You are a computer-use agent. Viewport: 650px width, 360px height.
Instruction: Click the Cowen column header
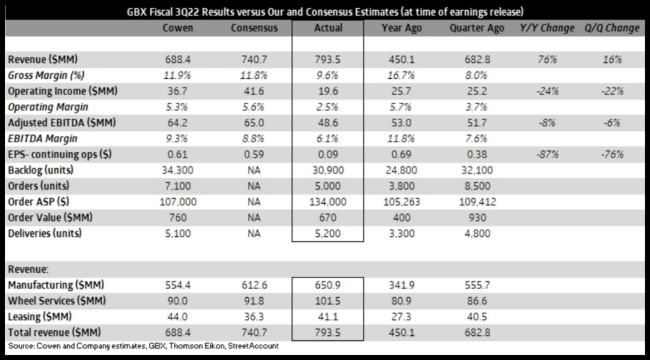178,28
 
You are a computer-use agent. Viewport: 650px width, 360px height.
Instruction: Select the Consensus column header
253,28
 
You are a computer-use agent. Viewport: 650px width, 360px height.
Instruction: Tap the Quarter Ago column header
477,28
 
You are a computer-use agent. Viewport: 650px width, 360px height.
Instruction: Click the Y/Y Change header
547,28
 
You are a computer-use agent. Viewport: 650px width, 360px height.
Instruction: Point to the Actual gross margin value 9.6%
328,76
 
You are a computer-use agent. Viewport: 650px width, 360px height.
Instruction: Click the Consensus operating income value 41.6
253,91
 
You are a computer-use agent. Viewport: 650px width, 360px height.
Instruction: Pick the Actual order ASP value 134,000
328,202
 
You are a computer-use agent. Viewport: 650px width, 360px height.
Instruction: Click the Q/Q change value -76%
613,154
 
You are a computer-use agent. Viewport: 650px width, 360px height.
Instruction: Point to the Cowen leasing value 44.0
178,316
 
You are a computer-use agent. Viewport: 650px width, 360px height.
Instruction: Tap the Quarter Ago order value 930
477,218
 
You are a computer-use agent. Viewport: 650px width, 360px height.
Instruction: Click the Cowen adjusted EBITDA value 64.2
178,123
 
